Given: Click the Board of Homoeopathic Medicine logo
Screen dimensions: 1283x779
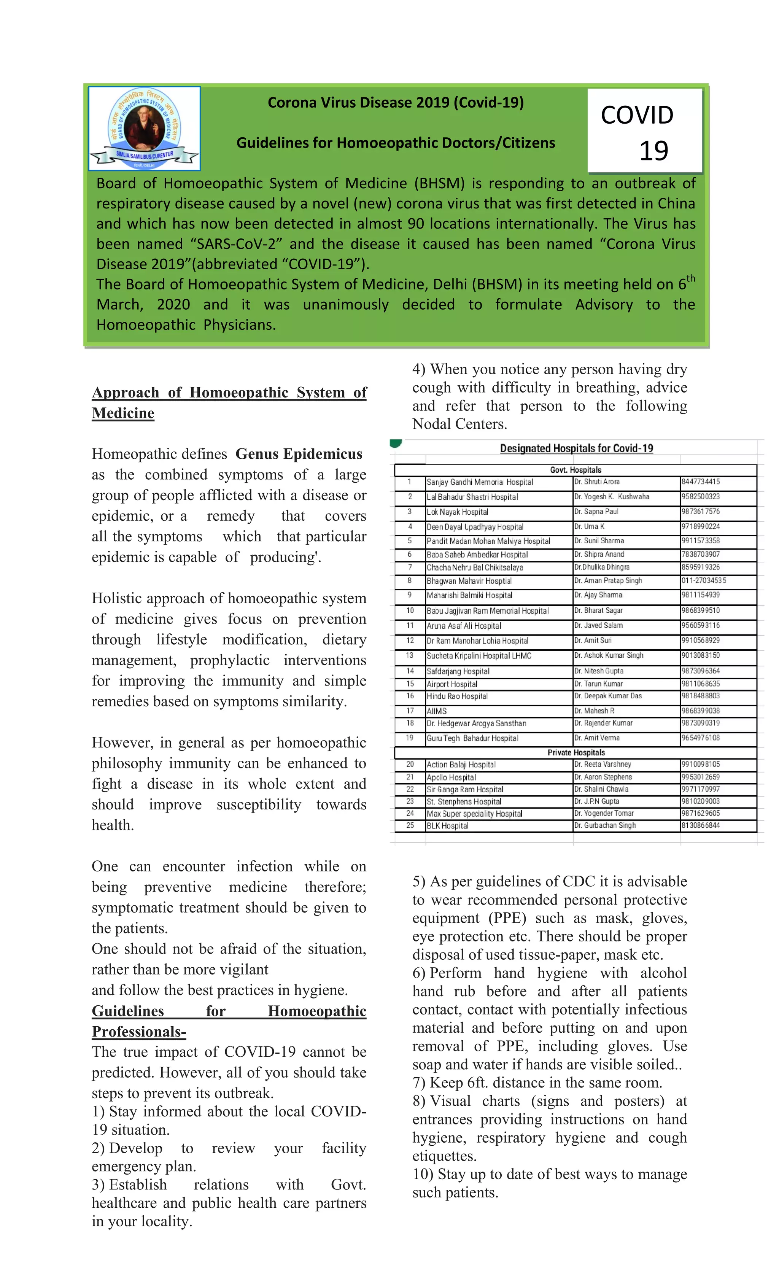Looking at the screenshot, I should pos(144,128).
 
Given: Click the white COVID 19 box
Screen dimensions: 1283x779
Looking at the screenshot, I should pos(645,131).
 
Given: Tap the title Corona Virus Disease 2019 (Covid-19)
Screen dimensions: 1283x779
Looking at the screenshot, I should pos(395,103).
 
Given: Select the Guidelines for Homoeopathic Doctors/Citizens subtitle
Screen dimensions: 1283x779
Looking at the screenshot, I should pos(395,143).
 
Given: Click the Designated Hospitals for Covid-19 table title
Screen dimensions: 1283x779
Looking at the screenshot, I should pos(576,448).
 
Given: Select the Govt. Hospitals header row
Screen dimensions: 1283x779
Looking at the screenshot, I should pos(576,470).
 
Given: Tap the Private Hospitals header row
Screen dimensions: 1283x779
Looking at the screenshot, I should pos(576,752).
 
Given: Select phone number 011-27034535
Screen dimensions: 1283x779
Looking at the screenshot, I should pos(703,580).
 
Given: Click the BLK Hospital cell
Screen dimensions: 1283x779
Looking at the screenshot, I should pos(447,825).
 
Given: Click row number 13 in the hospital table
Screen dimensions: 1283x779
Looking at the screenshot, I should pos(409,655).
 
